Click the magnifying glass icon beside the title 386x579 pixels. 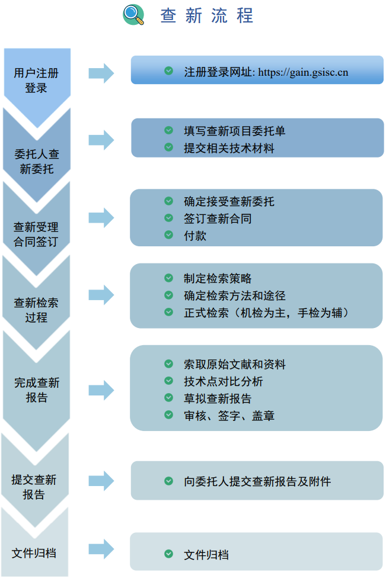133,15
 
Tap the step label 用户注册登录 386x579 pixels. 36,81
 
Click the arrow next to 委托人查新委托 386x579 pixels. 101,140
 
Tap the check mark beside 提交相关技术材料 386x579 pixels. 169,147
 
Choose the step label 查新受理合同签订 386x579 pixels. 36,234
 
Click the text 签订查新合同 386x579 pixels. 218,218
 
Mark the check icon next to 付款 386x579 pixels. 169,235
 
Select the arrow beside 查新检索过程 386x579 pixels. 101,295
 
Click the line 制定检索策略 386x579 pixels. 218,278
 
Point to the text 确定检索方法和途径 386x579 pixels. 235,295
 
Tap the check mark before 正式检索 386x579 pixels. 169,312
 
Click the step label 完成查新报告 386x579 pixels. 36,390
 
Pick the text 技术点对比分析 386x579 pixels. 224,381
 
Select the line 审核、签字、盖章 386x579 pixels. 229,416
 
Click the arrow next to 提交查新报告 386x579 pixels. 101,481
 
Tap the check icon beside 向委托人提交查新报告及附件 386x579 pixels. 169,481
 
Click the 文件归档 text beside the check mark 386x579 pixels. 206,555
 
